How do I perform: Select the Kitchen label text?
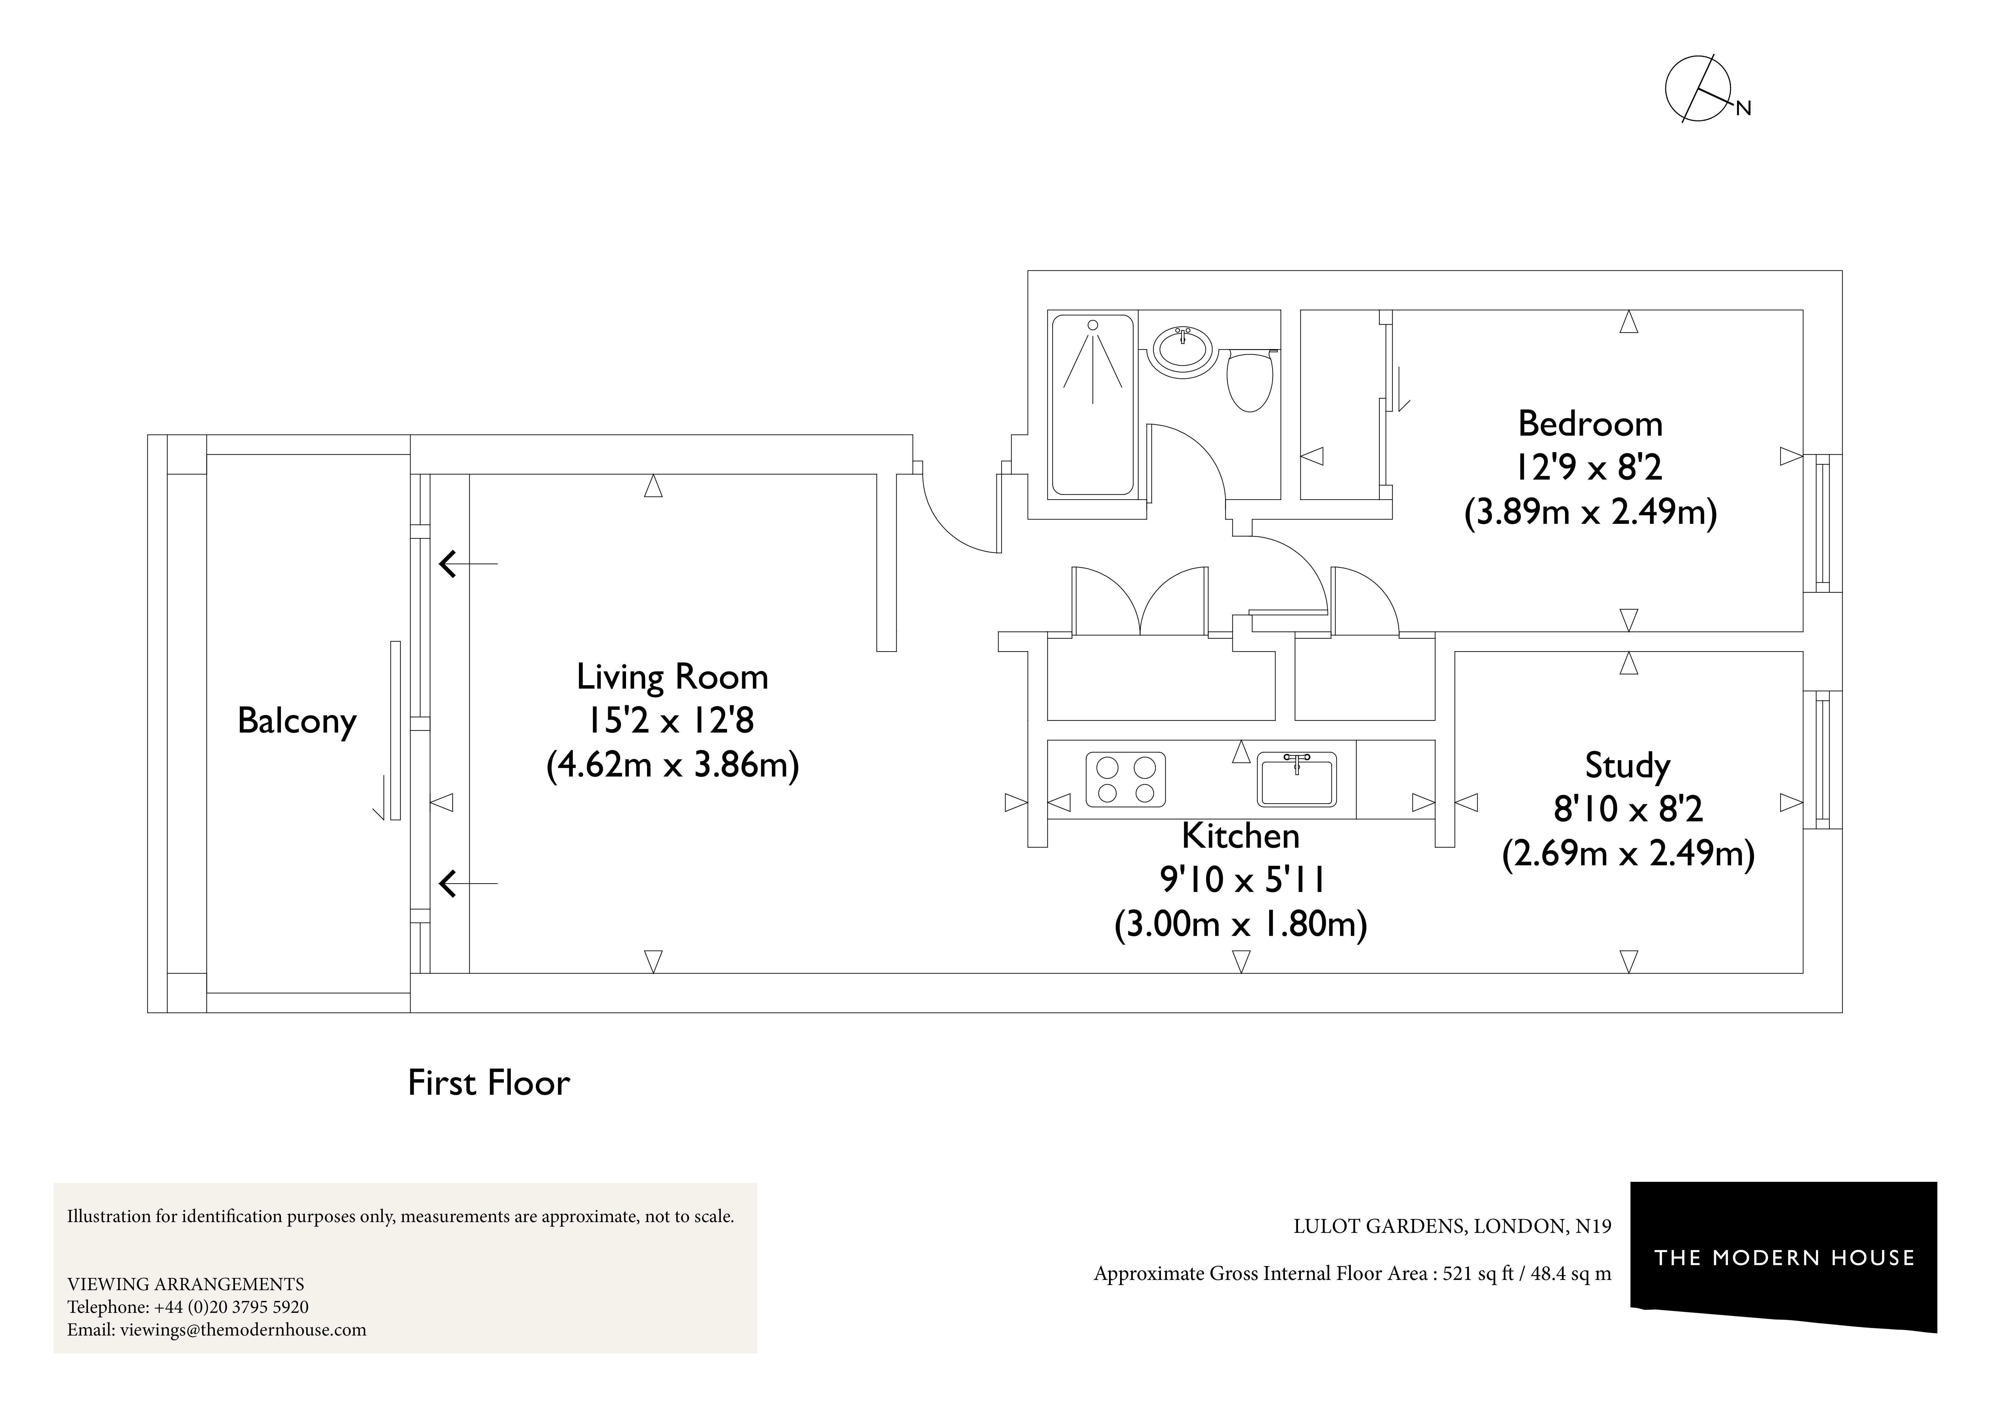click(x=1240, y=836)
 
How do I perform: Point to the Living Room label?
click(x=672, y=677)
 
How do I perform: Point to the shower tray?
click(x=1092, y=405)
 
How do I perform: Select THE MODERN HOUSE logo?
click(x=1784, y=1258)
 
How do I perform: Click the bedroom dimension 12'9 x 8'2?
click(x=1589, y=468)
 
